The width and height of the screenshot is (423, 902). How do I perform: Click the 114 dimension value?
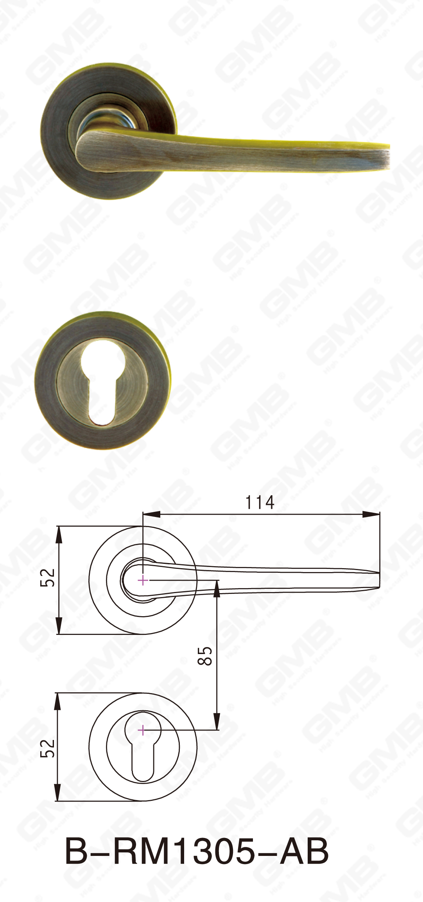tap(260, 502)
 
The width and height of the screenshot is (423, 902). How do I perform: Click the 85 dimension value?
tap(205, 656)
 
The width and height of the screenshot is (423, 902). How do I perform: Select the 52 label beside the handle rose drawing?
tap(48, 578)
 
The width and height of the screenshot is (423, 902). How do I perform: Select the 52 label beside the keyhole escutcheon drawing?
tap(48, 748)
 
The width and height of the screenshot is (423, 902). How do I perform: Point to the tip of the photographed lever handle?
tap(387, 156)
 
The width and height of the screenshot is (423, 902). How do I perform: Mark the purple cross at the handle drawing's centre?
tap(143, 580)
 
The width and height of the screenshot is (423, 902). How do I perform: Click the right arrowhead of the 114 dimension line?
tap(371, 514)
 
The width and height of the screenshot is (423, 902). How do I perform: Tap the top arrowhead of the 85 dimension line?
tap(217, 588)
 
